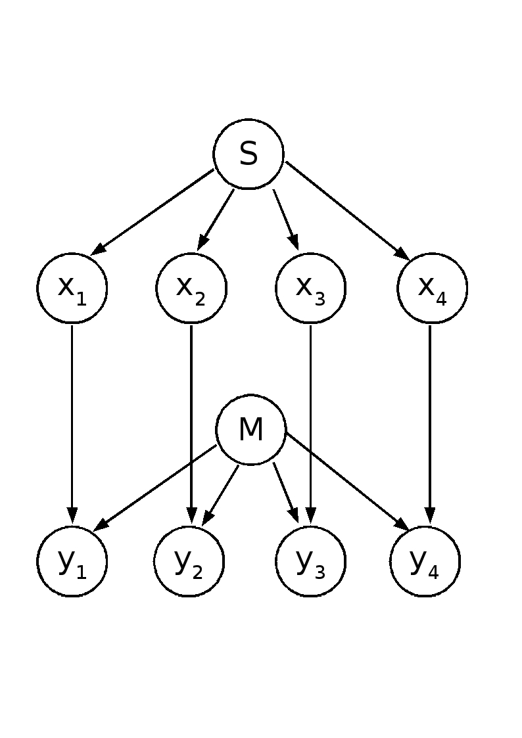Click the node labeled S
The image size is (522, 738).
[x=249, y=154]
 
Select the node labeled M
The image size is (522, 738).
[x=250, y=430]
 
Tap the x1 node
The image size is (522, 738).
[x=72, y=288]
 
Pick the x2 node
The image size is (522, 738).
[x=191, y=288]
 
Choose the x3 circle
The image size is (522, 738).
[x=310, y=288]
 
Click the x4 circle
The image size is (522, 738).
[x=432, y=288]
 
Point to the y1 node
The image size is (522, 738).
[x=72, y=561]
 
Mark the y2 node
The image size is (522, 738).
[x=189, y=561]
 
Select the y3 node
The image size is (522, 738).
[x=310, y=561]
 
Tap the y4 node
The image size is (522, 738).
[x=425, y=561]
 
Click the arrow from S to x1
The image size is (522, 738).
[x=153, y=212]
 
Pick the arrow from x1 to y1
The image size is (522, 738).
[x=72, y=421]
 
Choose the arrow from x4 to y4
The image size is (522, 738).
[x=430, y=421]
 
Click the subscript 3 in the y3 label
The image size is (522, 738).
[x=319, y=572]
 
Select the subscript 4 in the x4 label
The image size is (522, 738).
[x=440, y=299]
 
